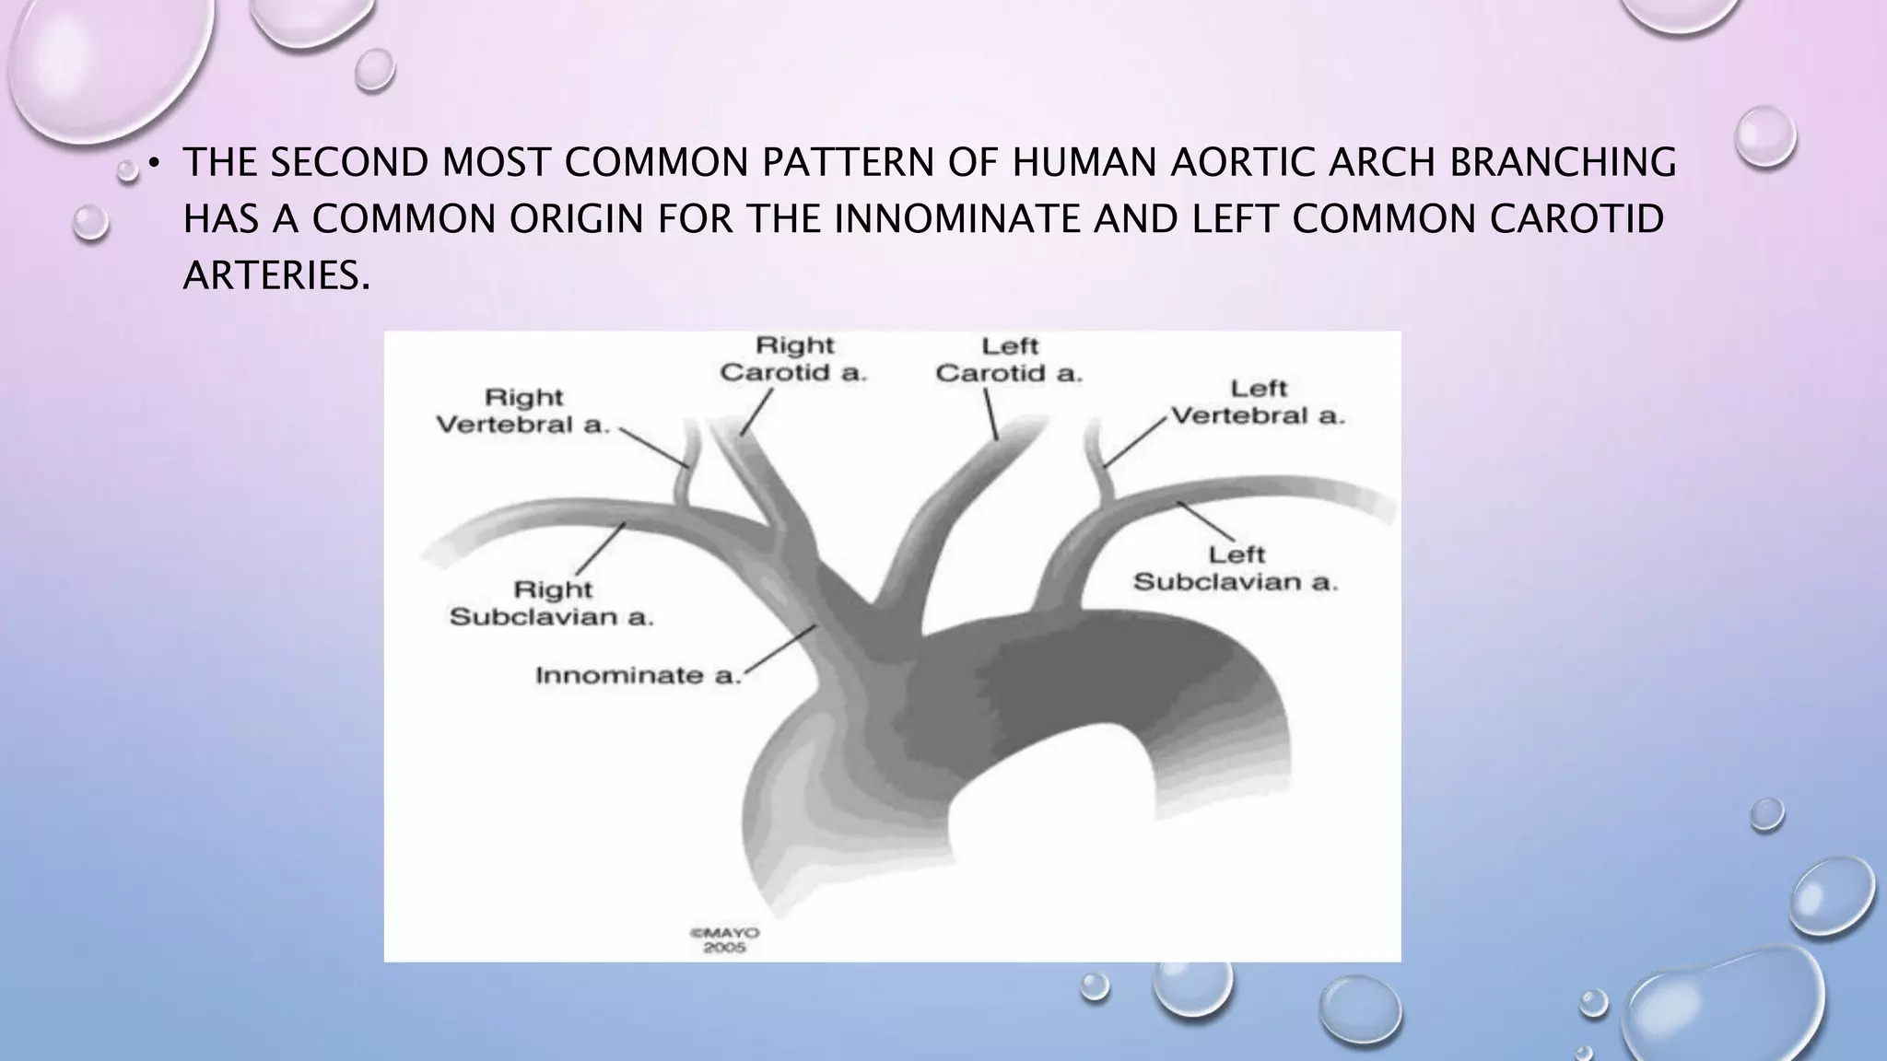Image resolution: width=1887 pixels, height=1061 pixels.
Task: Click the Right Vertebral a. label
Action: click(522, 411)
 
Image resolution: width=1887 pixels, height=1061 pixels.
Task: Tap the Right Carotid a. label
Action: click(793, 359)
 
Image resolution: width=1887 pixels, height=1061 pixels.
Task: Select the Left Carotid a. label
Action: click(1009, 360)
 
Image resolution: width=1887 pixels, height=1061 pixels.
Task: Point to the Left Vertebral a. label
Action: click(1258, 402)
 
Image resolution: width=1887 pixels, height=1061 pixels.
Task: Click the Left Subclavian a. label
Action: click(1235, 568)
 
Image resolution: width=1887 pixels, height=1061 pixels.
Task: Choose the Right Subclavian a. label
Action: click(551, 602)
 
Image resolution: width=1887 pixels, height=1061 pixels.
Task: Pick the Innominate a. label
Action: click(638, 675)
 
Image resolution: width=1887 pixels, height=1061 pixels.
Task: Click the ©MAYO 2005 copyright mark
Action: click(725, 939)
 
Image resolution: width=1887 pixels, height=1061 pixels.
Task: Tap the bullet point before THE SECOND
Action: click(155, 164)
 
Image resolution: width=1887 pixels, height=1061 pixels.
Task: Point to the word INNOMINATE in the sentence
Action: click(956, 219)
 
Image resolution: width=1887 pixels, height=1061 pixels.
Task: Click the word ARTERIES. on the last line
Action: click(276, 275)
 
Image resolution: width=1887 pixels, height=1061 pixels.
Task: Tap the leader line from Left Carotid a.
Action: click(990, 414)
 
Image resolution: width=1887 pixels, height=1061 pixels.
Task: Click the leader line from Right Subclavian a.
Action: click(601, 550)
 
